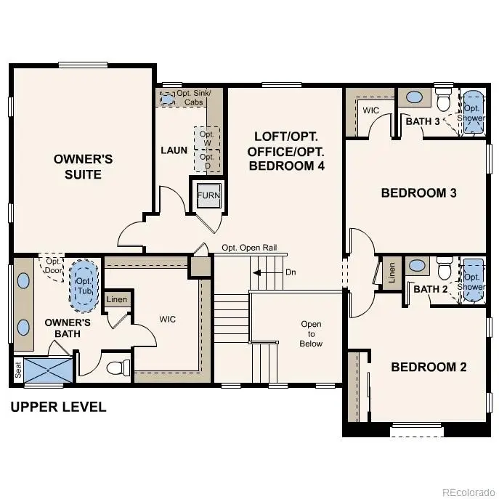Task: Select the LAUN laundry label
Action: coord(174,150)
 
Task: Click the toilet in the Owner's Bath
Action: coord(118,368)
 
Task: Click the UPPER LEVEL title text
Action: coord(58,407)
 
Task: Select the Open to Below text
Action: coord(311,334)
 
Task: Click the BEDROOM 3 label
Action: coord(413,192)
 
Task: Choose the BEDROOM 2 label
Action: coord(429,367)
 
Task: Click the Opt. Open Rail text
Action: coord(249,247)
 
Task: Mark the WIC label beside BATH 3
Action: coord(370,110)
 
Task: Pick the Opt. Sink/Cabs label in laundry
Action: coord(190,97)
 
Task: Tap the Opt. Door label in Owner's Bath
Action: coord(53,265)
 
